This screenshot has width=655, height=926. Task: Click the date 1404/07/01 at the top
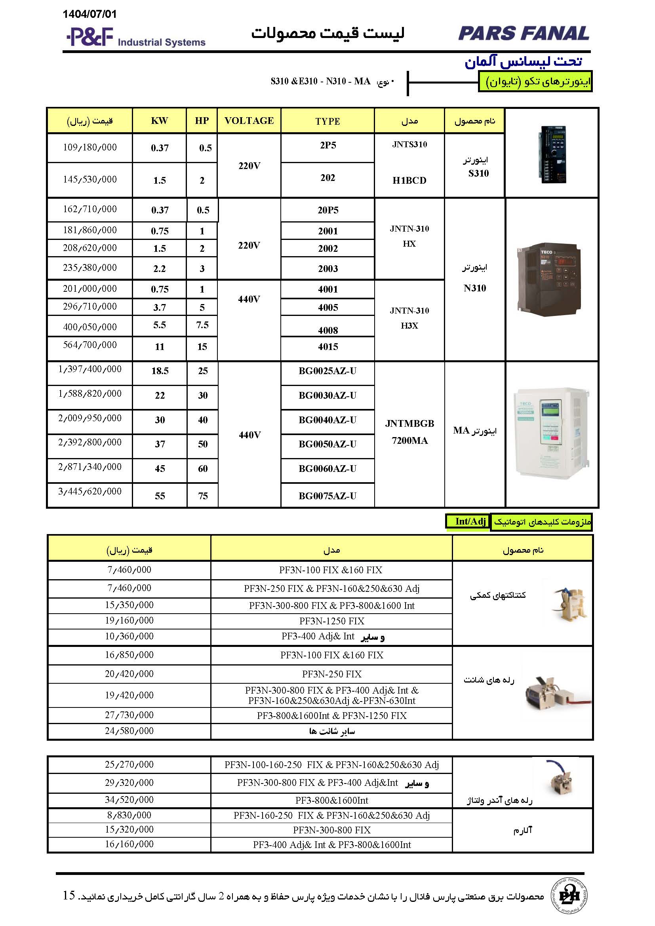click(x=89, y=14)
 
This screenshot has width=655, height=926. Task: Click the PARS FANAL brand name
click(x=524, y=34)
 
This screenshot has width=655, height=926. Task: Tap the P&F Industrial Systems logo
click(x=135, y=38)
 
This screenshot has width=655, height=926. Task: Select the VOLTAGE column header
click(x=249, y=121)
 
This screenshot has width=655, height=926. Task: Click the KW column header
click(x=159, y=121)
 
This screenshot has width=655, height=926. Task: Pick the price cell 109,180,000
click(x=89, y=148)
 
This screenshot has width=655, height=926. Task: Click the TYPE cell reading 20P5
click(x=327, y=210)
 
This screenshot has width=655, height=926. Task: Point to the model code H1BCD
click(x=409, y=180)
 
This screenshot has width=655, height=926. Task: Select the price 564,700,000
click(x=89, y=345)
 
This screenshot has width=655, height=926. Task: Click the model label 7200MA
click(x=409, y=440)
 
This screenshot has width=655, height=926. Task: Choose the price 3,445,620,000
click(x=89, y=491)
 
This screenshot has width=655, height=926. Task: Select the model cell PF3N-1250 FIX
click(x=331, y=621)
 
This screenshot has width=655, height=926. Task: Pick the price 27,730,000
click(x=129, y=715)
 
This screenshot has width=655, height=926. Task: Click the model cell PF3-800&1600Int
click(x=331, y=800)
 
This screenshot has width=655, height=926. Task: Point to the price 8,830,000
click(x=129, y=815)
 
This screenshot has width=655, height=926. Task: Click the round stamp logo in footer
click(x=569, y=896)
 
